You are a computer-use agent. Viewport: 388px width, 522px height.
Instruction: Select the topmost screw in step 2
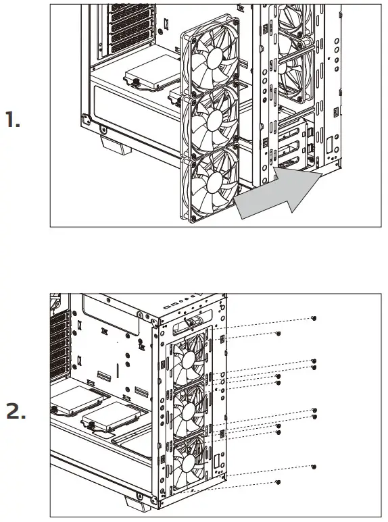click(314, 317)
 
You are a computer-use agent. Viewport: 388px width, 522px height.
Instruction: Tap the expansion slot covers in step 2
click(59, 351)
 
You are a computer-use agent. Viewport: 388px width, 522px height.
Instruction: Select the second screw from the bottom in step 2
click(314, 467)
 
